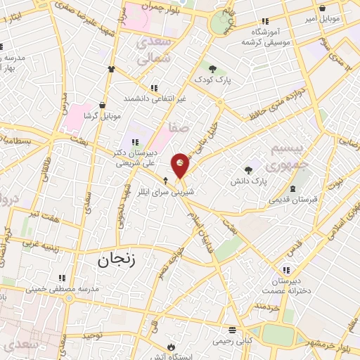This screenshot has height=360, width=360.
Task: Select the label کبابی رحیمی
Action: (229, 340)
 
